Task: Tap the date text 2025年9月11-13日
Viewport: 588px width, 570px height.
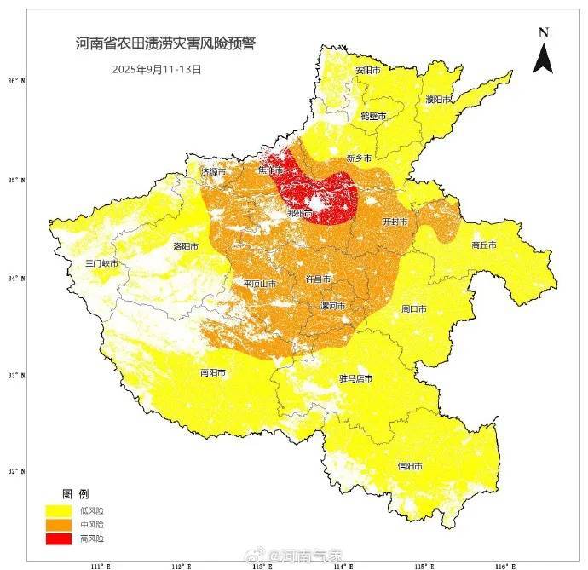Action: click(157, 69)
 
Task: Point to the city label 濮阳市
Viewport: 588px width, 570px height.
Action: click(439, 100)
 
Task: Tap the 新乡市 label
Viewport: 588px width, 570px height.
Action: click(360, 158)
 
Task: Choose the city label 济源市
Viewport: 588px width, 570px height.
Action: click(213, 171)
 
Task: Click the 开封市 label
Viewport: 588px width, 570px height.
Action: click(395, 222)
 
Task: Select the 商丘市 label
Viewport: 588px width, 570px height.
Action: click(483, 245)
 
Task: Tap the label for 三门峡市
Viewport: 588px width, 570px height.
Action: click(101, 263)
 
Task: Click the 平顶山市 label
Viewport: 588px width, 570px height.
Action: click(259, 284)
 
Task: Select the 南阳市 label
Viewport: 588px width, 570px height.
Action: click(212, 373)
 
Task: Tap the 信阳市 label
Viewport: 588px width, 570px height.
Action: click(410, 466)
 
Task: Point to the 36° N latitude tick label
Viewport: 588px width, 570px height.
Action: click(17, 82)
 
